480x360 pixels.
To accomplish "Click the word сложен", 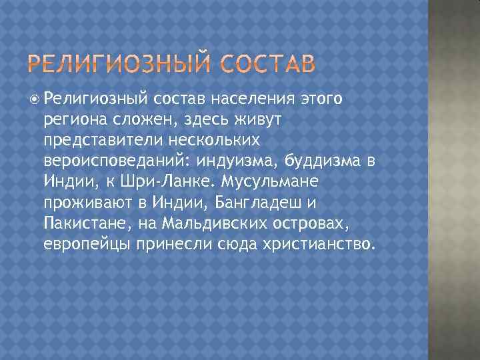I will pos(141,118).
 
